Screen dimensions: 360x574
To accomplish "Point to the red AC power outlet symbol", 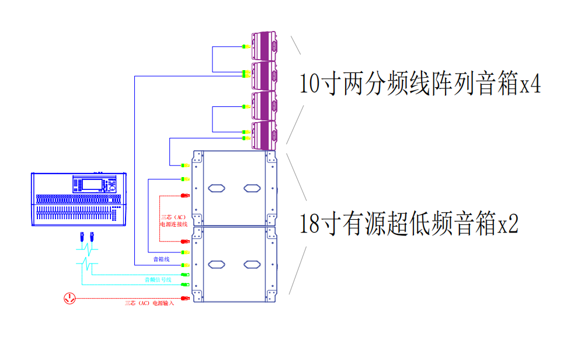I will click(x=69, y=299).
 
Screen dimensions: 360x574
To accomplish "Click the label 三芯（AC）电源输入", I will click(x=149, y=303).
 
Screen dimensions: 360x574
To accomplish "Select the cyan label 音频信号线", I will click(x=158, y=280).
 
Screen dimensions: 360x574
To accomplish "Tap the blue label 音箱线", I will click(x=161, y=259).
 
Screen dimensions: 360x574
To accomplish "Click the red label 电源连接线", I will click(x=173, y=224).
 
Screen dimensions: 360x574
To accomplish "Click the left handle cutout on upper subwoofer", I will click(x=216, y=188).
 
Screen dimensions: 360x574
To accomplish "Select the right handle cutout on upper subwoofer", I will click(x=252, y=188).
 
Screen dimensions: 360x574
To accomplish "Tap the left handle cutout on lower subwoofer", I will click(x=216, y=264).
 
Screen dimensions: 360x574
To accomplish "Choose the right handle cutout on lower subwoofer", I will click(x=252, y=264).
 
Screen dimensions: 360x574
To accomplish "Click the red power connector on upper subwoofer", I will click(x=186, y=195).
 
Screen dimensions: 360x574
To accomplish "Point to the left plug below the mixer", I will click(x=82, y=237).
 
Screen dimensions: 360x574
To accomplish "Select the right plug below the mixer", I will click(x=92, y=237).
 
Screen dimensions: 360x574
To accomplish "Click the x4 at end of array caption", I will click(x=530, y=85).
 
